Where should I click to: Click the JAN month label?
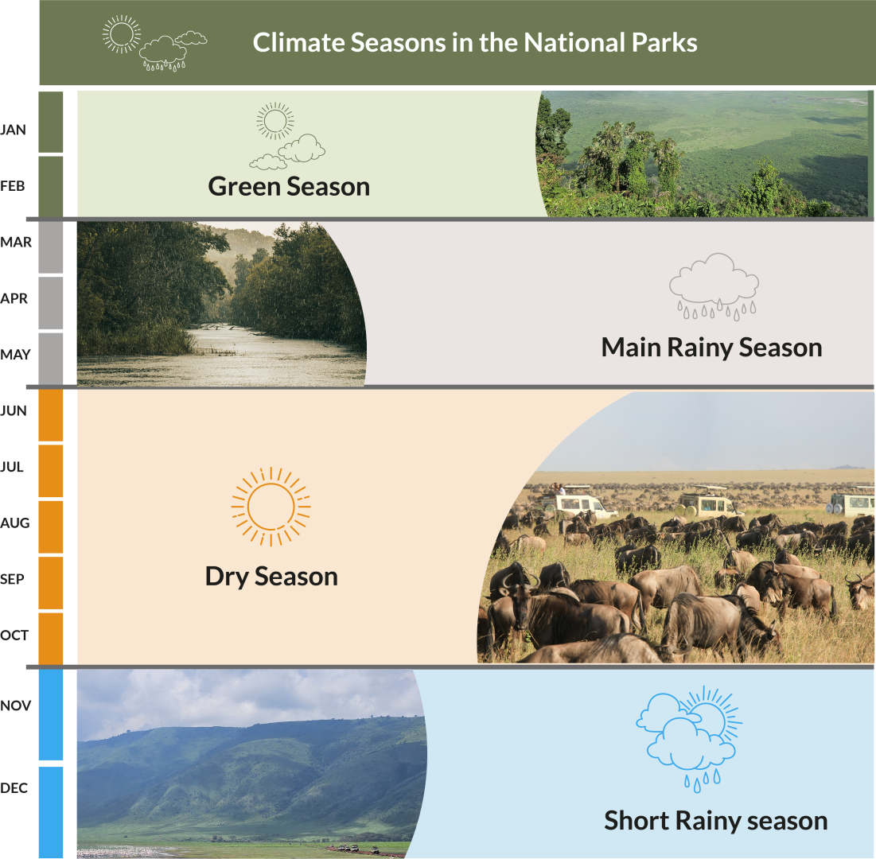pos(13,130)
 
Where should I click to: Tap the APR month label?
pos(14,298)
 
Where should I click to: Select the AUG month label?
pos(14,523)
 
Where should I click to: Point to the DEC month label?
pos(14,787)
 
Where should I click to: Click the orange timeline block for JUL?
pos(51,471)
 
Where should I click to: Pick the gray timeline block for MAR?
pos(51,247)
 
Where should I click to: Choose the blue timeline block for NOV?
pos(51,714)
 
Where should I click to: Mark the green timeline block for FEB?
pos(51,187)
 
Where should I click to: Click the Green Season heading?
pos(289,187)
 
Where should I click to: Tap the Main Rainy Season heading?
pos(712,348)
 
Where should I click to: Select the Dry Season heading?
pos(271,577)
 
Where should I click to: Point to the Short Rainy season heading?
pos(715,821)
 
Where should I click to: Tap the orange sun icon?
pos(271,507)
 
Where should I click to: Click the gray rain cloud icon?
pos(714,286)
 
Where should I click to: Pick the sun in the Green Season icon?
pos(275,121)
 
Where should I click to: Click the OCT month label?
pos(14,635)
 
